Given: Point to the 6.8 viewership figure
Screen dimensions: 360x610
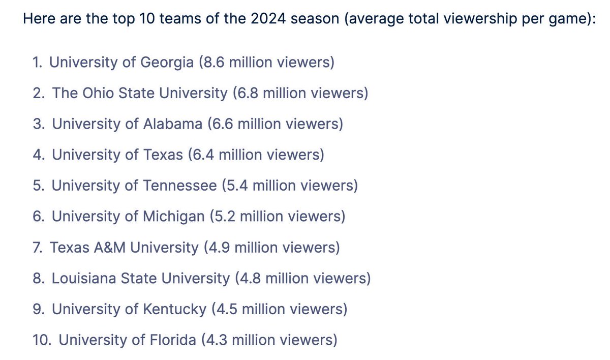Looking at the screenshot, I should coord(247,94).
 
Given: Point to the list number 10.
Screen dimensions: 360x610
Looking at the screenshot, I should coord(41,340).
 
